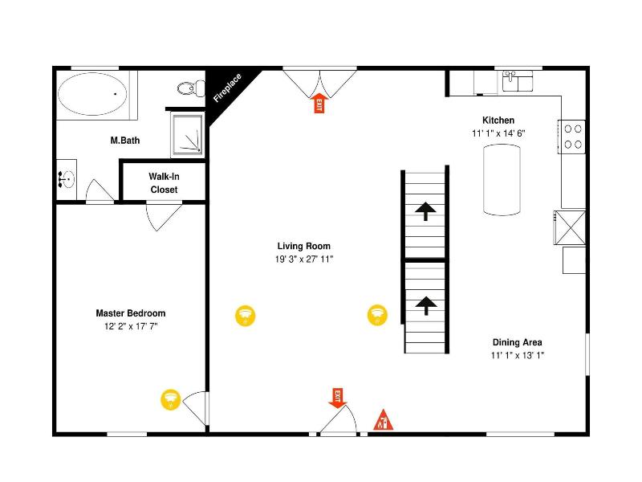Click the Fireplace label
point(228,88)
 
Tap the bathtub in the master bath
point(92,94)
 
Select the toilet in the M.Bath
point(191,88)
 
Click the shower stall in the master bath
point(188,134)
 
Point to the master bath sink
point(67,179)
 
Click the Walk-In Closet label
point(164,183)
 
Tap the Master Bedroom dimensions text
point(131,326)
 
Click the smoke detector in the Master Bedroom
point(170,399)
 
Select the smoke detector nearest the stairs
point(377,315)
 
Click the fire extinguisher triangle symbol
point(383,419)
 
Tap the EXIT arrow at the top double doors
point(319,103)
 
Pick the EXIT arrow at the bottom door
point(338,398)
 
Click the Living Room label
point(304,246)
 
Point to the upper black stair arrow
point(425,211)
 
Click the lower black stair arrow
point(426,306)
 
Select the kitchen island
point(502,179)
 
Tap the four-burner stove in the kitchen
point(572,137)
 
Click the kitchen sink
point(518,81)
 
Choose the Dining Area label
point(517,342)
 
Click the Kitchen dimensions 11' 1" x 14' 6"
point(498,133)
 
